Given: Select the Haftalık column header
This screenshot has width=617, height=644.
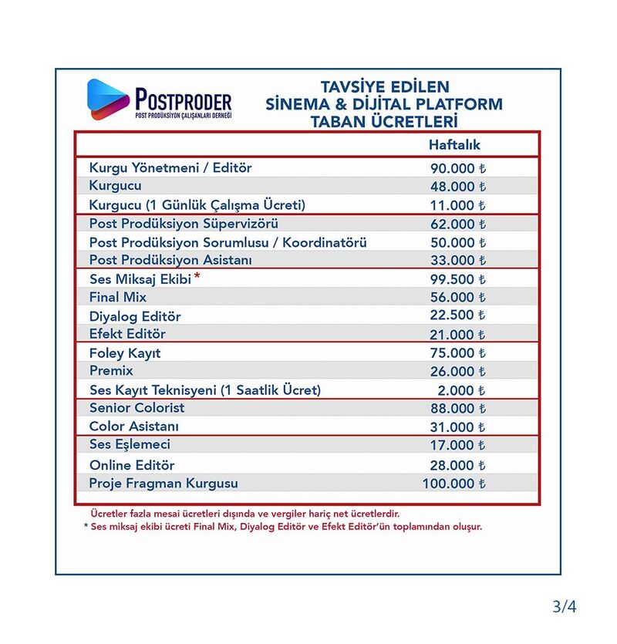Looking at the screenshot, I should point(454,145).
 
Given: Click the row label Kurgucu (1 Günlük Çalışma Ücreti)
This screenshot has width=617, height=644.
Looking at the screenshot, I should point(197,205).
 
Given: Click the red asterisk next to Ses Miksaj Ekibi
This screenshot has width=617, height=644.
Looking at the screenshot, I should point(197,275).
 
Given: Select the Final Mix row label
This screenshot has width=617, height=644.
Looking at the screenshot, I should point(118,298).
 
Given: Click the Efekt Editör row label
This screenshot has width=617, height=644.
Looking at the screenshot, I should point(127,335).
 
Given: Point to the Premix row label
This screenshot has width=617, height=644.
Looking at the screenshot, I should point(111,371).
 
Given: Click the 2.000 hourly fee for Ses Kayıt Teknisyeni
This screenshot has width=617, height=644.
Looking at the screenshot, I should point(462,390).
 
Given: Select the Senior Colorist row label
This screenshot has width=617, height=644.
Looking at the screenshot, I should point(137,408).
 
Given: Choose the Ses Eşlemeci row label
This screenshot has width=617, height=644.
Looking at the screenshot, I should point(130,445).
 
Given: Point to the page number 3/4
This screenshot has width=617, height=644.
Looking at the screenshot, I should point(565,606).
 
